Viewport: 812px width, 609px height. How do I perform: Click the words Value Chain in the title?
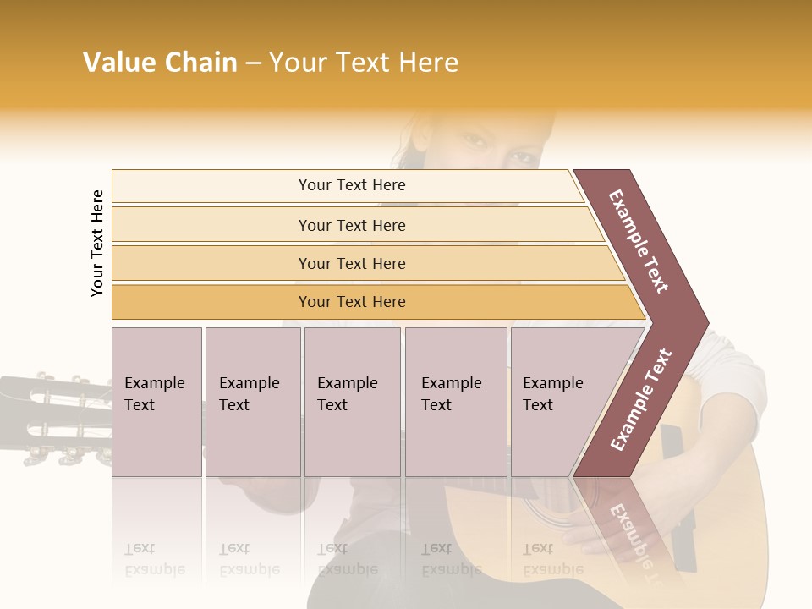pos(160,63)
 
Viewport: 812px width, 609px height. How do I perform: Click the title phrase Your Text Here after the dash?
pos(364,63)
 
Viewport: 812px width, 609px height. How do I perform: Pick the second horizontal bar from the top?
pos(351,225)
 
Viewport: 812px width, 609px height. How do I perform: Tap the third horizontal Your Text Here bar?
pos(351,263)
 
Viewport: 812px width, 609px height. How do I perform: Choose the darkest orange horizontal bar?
pos(351,302)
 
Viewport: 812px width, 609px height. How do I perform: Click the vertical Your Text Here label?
pos(97,243)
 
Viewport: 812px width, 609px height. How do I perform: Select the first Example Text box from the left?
pos(156,401)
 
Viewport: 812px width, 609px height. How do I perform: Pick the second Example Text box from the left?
pos(252,401)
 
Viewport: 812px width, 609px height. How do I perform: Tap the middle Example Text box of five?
pos(352,401)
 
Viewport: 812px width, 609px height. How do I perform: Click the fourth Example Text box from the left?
pos(455,401)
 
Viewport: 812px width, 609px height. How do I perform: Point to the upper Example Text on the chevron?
pos(639,241)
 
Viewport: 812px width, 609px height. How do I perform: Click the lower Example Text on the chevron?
pos(641,400)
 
